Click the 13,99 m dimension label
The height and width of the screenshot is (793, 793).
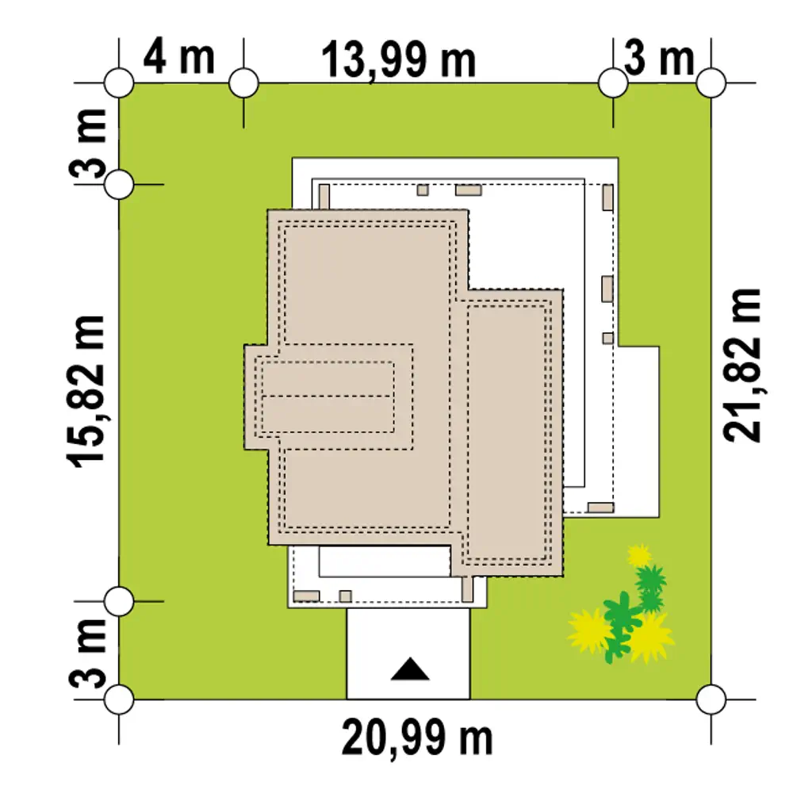point(399,61)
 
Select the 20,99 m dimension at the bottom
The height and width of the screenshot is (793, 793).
point(417,738)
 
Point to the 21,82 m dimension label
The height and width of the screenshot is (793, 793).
point(742,365)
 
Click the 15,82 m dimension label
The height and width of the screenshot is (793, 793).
point(86,391)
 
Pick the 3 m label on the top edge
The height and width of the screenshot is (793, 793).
point(659,58)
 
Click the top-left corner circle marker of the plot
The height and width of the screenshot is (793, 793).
point(119,82)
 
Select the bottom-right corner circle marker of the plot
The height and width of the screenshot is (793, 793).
point(711,699)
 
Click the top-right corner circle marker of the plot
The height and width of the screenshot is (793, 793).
point(711,82)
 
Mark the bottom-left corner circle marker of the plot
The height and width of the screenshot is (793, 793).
point(119,699)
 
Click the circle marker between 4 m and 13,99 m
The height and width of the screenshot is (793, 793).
point(243,82)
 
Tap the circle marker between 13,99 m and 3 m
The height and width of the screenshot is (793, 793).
point(613,82)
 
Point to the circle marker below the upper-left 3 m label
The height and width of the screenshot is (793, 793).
point(119,185)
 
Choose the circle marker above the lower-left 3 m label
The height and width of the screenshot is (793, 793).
point(119,601)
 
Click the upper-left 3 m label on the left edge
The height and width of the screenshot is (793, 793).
point(87,144)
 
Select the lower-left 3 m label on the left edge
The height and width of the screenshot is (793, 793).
point(87,653)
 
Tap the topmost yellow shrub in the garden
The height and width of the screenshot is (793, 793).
point(639,555)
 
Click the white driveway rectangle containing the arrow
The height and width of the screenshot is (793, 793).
point(408,653)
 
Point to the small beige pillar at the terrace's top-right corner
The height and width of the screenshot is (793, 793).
point(608,197)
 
